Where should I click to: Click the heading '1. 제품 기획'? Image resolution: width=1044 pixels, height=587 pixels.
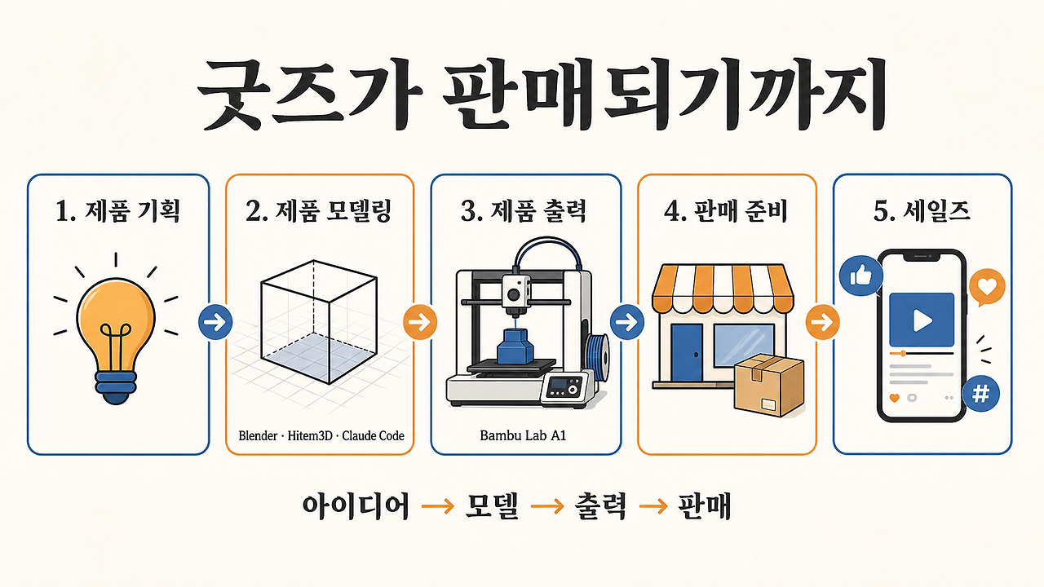pyautogui.click(x=117, y=211)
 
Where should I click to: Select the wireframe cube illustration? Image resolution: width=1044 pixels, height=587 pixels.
pyautogui.click(x=319, y=321)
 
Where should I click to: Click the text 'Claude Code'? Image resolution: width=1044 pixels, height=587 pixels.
pyautogui.click(x=373, y=436)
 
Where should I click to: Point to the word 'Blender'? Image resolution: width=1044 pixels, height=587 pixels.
pyautogui.click(x=258, y=436)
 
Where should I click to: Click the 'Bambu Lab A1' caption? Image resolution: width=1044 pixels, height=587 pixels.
pyautogui.click(x=523, y=435)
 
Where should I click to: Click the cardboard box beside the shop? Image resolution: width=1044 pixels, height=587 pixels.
pyautogui.click(x=769, y=385)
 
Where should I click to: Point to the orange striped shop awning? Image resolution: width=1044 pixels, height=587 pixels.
pyautogui.click(x=723, y=289)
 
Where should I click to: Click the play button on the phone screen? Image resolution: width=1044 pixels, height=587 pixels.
pyautogui.click(x=922, y=320)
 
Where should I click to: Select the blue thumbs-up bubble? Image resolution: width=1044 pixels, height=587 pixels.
pyautogui.click(x=860, y=276)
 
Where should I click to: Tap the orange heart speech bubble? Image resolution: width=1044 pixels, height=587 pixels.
pyautogui.click(x=987, y=287)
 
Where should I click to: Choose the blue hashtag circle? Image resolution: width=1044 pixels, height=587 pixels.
pyautogui.click(x=980, y=394)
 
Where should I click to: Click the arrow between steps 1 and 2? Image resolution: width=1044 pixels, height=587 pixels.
pyautogui.click(x=215, y=321)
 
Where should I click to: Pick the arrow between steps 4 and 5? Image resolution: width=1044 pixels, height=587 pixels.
pyautogui.click(x=823, y=322)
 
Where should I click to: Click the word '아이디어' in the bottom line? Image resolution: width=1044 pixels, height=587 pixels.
pyautogui.click(x=356, y=505)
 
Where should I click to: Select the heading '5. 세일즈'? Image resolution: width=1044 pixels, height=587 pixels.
pyautogui.click(x=922, y=211)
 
